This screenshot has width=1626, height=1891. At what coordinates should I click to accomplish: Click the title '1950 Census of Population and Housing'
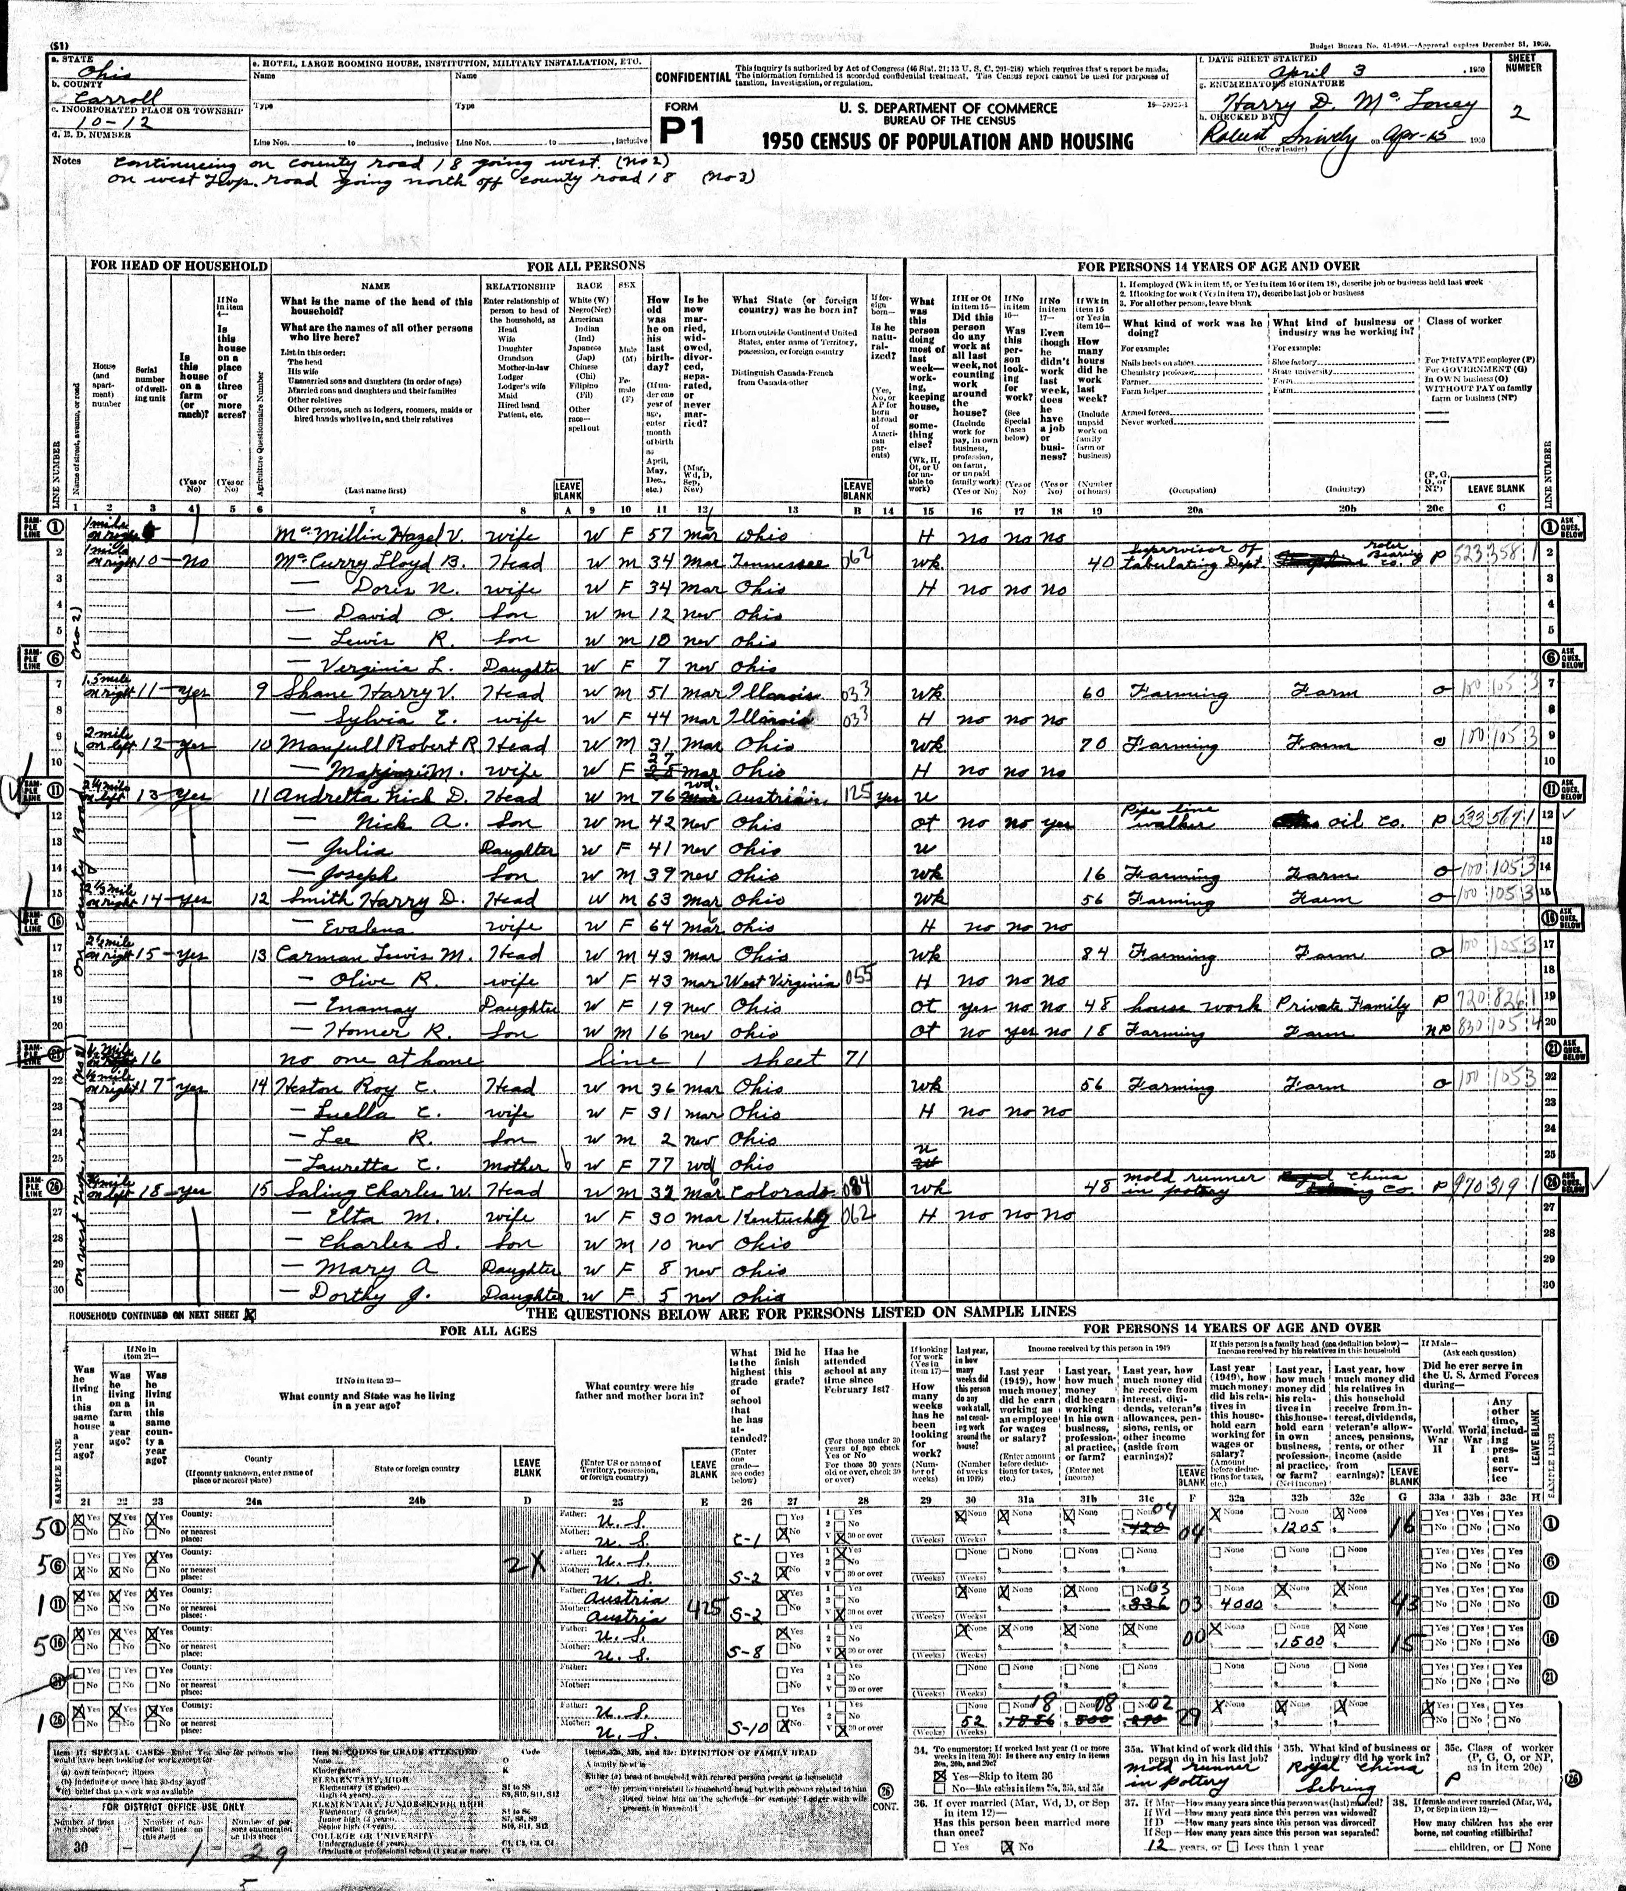coord(949,142)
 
